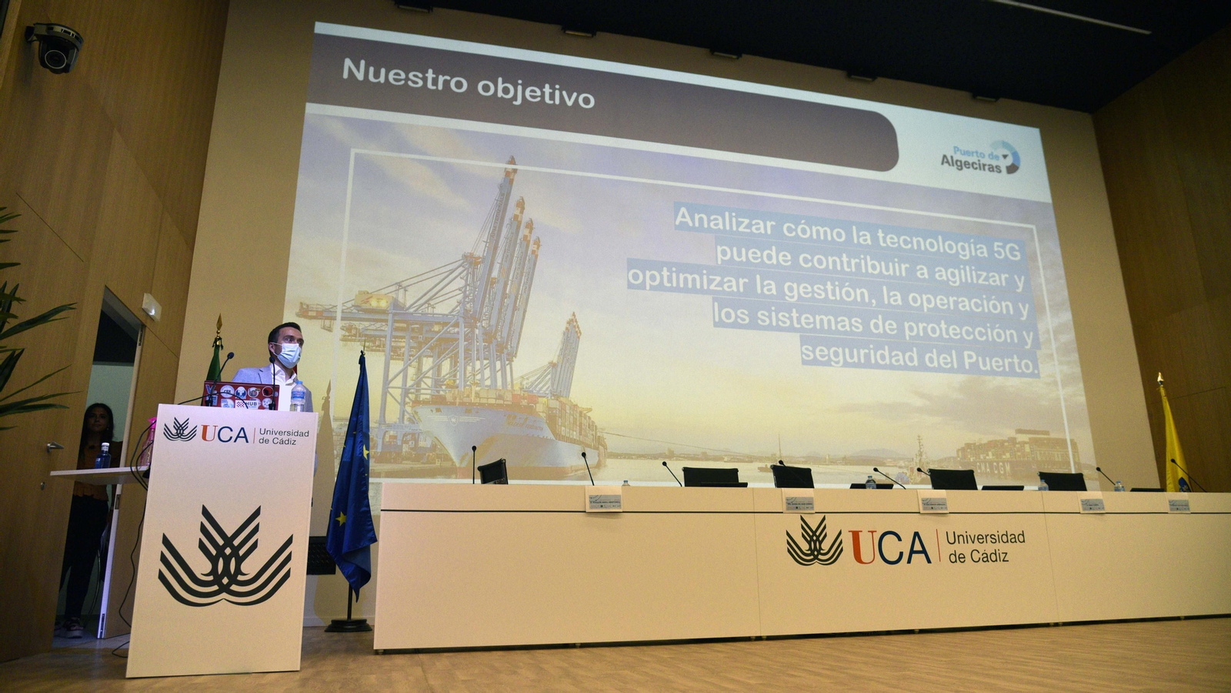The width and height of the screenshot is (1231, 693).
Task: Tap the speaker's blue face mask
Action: pos(288,355)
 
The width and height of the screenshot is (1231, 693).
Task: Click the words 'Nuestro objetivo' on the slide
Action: pos(468,82)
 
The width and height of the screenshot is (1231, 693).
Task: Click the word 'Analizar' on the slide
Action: pos(725,222)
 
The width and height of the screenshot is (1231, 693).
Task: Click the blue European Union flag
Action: pos(352,477)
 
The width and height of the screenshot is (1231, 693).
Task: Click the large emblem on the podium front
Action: pos(225,556)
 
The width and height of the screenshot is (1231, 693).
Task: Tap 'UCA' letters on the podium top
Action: pos(225,434)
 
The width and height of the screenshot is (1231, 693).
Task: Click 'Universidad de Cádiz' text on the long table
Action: pos(985,546)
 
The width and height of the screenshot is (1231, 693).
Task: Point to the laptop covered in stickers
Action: pos(240,396)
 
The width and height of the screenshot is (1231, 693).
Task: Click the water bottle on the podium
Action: pos(298,397)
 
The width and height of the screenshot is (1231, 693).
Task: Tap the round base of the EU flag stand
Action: pos(348,625)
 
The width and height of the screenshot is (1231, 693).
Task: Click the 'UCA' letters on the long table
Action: pos(889,547)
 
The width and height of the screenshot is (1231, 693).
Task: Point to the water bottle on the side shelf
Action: pos(103,457)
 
